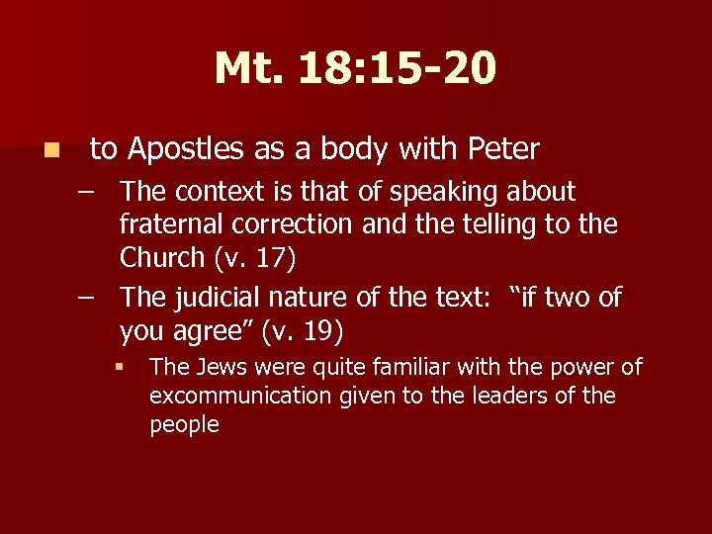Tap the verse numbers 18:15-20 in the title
[399, 69]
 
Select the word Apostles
[186, 149]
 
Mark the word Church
[162, 258]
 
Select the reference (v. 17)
[255, 258]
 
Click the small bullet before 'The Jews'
[118, 368]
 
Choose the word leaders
[518, 397]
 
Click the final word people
[184, 425]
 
